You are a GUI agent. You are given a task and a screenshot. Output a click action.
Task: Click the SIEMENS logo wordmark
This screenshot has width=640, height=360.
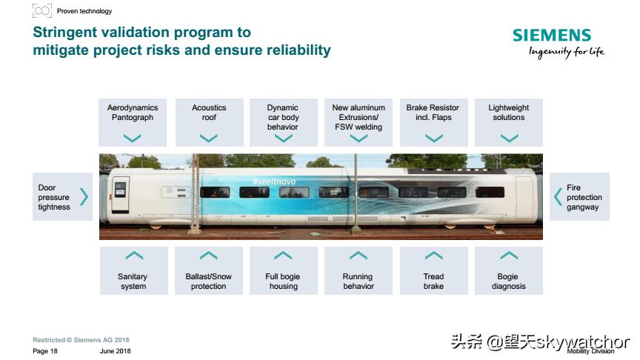click(552, 36)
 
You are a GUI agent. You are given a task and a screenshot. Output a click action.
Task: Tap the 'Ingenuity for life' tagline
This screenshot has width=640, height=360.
click(566, 51)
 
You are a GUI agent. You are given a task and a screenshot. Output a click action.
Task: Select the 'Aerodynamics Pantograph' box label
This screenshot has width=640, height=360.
click(133, 113)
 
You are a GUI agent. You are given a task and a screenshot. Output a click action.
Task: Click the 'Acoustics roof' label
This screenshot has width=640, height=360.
click(209, 113)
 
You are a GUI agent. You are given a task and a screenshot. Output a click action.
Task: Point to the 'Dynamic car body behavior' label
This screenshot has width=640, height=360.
click(283, 117)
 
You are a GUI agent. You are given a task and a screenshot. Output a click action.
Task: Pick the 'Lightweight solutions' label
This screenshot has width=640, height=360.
click(509, 113)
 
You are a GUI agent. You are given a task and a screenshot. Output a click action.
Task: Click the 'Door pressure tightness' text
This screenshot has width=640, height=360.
click(54, 198)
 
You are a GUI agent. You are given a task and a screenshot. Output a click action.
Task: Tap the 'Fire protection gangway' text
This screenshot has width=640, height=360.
click(584, 198)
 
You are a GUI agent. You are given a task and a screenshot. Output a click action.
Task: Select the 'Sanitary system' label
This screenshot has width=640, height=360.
click(133, 281)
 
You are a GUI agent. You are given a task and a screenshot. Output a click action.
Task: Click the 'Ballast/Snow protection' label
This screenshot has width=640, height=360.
click(209, 281)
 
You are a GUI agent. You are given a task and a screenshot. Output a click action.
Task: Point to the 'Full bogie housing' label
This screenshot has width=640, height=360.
click(283, 281)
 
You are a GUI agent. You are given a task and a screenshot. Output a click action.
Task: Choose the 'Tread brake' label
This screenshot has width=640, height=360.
click(433, 281)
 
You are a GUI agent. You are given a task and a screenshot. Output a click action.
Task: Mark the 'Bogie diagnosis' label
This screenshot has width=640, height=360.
click(509, 281)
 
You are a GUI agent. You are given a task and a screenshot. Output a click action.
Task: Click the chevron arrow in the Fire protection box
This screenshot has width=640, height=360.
click(559, 197)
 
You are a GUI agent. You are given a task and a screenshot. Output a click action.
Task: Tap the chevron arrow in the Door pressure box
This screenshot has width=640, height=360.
click(84, 197)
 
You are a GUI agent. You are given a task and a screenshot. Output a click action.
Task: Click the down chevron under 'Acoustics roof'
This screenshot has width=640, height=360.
click(209, 138)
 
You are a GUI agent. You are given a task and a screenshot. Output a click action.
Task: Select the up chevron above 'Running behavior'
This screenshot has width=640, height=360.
click(359, 256)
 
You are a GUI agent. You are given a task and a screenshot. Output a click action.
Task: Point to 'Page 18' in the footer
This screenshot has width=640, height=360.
click(45, 350)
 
